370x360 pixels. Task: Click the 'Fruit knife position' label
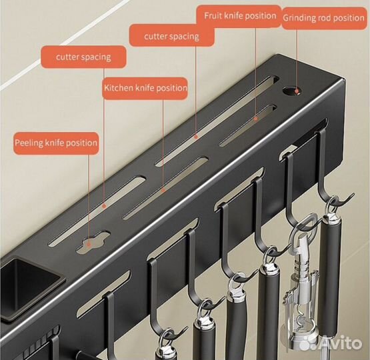click(240, 16)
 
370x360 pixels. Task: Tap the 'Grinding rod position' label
click(323, 18)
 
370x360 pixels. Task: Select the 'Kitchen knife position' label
click(145, 88)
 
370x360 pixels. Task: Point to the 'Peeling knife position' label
click(56, 143)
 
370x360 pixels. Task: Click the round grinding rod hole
click(291, 91)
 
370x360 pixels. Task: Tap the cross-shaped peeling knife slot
click(93, 241)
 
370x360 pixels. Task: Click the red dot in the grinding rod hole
click(297, 91)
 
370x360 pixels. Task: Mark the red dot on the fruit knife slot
click(256, 119)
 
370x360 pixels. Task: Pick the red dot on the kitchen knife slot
click(163, 190)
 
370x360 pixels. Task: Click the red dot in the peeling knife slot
click(89, 245)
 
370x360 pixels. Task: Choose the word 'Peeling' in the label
click(29, 143)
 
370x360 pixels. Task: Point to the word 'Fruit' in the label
click(213, 16)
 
